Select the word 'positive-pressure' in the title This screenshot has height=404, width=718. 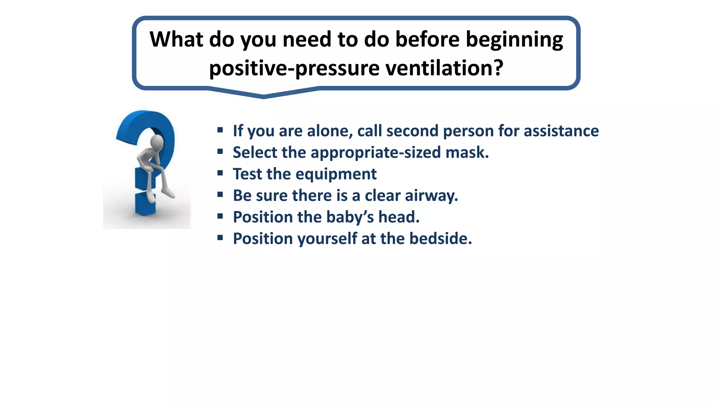coord(294,68)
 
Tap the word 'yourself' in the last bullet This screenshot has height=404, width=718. coord(327,239)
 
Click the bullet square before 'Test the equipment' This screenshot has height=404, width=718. coord(220,173)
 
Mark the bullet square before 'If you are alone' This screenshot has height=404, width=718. coord(220,130)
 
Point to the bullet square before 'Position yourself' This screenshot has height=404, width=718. coord(220,238)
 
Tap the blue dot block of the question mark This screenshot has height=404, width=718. coord(145,204)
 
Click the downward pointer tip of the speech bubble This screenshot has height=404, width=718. coord(264,96)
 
